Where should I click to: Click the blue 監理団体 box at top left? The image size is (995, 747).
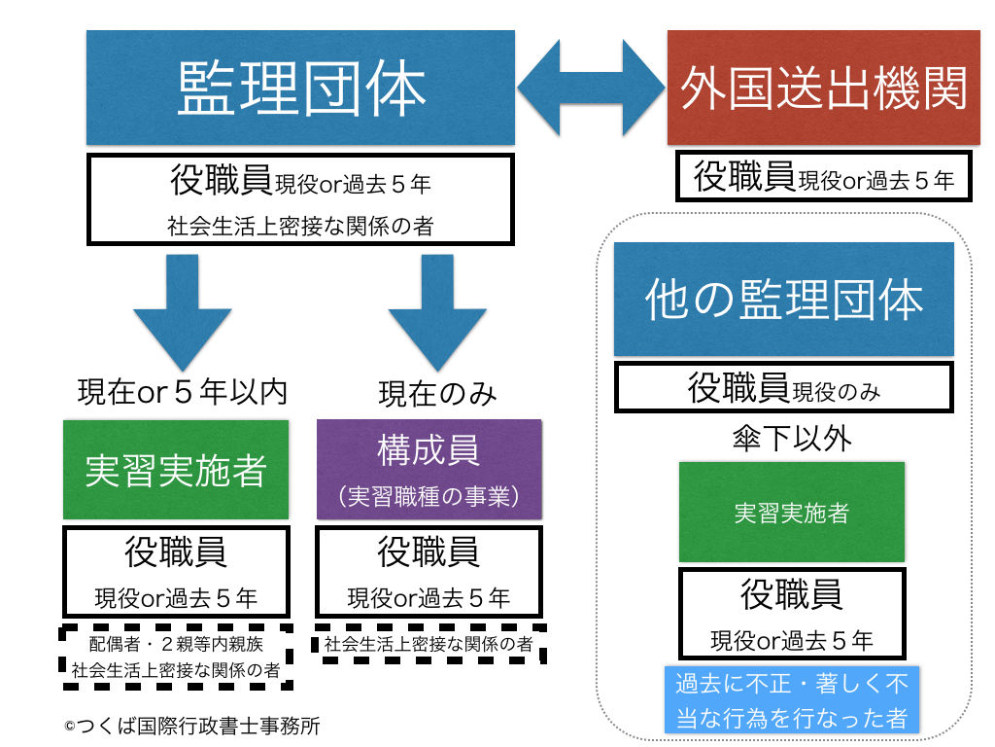coord(300,89)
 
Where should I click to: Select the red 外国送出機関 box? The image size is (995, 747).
coord(823,89)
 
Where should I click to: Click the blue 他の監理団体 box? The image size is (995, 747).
coord(783,299)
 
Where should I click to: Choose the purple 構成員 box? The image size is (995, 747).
coord(429,469)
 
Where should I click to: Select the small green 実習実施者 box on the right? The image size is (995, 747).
coord(791,512)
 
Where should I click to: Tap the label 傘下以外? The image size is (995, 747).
coord(791,439)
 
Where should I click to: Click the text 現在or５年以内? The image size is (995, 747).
coord(182,392)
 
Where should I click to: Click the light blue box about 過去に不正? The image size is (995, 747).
coord(791,699)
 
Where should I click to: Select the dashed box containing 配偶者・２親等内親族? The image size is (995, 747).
coord(176,657)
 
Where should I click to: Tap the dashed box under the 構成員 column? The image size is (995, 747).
coord(429,644)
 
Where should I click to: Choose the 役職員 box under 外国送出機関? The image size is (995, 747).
coord(823,177)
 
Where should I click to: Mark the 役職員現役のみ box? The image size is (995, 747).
coord(783,389)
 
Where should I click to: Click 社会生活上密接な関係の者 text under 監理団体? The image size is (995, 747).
coord(300,227)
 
